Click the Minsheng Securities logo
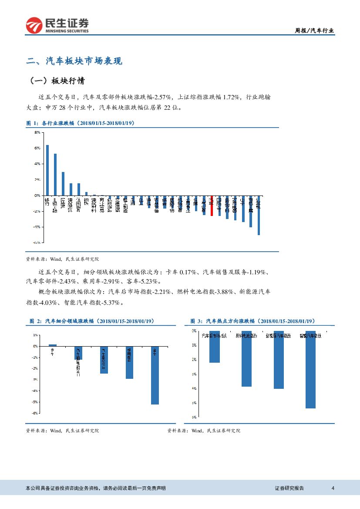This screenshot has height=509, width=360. (x=57, y=26)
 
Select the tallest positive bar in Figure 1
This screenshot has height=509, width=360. (x=47, y=170)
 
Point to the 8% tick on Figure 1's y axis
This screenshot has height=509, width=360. (x=37, y=132)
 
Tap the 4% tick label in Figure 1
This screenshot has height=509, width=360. (x=37, y=164)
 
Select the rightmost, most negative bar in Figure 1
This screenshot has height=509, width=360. (x=259, y=215)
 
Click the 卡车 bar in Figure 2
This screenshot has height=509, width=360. (x=53, y=345)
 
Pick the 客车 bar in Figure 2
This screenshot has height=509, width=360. (x=155, y=375)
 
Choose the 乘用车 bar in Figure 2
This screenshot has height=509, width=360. (x=129, y=363)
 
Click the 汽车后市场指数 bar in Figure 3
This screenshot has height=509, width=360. (x=214, y=347)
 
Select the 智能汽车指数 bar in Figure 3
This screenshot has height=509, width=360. (x=310, y=369)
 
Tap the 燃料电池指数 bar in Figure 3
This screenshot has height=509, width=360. (x=246, y=358)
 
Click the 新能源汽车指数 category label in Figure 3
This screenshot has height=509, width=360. (x=279, y=336)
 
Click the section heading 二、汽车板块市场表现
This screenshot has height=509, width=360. (x=74, y=61)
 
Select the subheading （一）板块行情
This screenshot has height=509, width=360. (x=57, y=81)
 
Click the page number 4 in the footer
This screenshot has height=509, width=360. (x=333, y=488)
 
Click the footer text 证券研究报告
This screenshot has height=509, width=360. (x=289, y=488)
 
